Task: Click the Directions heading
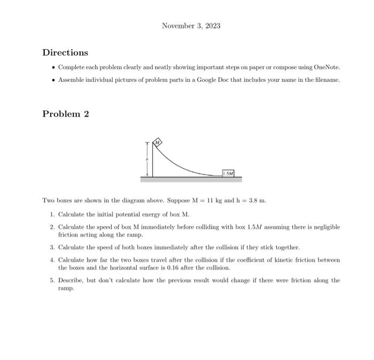point(65,52)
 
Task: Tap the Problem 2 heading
point(65,114)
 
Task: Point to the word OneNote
point(325,67)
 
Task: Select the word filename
point(325,79)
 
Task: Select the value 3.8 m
point(255,201)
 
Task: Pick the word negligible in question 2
point(322,227)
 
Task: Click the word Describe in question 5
point(72,280)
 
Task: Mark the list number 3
point(52,248)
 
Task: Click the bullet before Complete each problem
point(52,67)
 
